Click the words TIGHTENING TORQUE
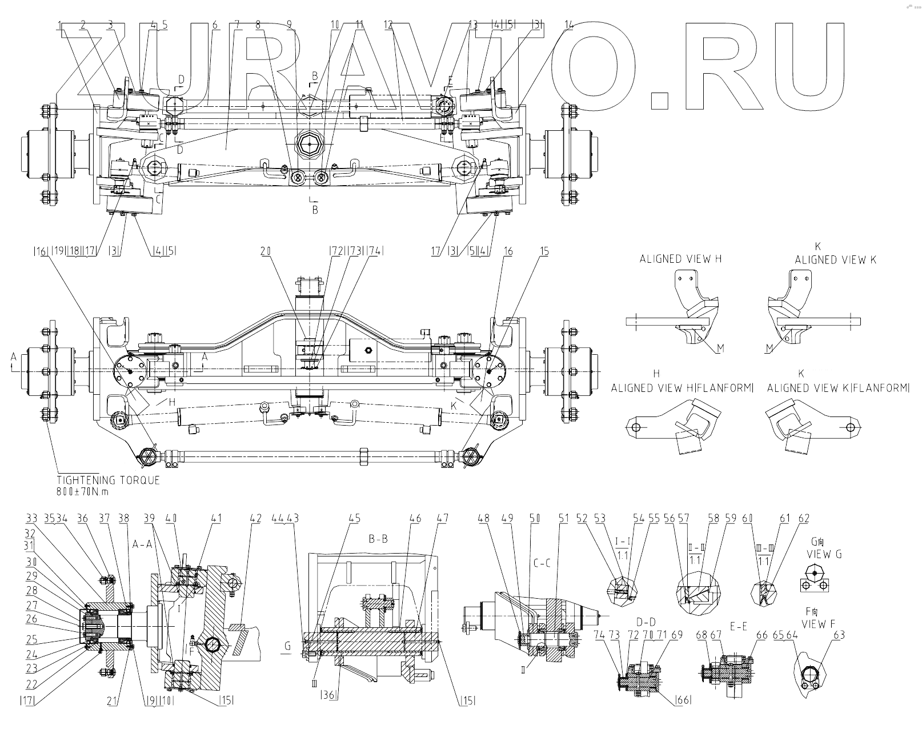[x=109, y=480]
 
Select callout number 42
[x=255, y=519]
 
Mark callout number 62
[x=804, y=519]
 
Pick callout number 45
[x=355, y=519]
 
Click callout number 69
[x=678, y=635]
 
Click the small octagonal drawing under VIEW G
[x=813, y=572]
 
